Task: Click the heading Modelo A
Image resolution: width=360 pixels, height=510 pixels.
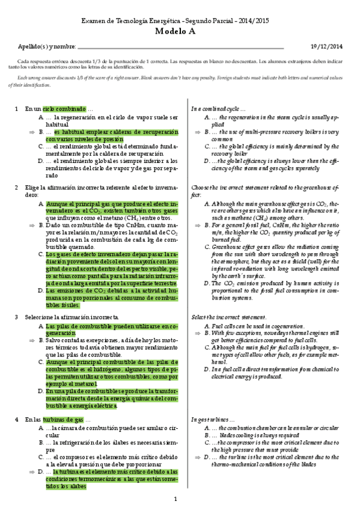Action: click(180, 33)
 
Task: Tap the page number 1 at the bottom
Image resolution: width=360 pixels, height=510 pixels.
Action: click(175, 499)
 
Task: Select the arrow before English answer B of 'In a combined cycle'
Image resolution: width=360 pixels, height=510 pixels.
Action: click(198, 131)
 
